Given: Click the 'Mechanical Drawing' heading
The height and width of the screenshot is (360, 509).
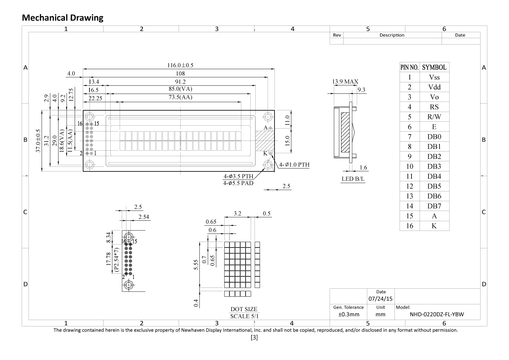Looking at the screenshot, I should pyautogui.click(x=62, y=17).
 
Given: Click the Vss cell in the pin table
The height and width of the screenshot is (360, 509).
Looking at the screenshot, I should pyautogui.click(x=434, y=77).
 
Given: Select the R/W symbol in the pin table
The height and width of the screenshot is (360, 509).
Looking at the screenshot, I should pyautogui.click(x=434, y=117).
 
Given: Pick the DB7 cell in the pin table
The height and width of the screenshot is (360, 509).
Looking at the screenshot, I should pyautogui.click(x=434, y=206).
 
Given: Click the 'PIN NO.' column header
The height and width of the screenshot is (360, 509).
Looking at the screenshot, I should pyautogui.click(x=410, y=67).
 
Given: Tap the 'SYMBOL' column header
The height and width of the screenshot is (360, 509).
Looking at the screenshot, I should pyautogui.click(x=434, y=67).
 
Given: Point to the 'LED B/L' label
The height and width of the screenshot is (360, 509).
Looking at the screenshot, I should pyautogui.click(x=353, y=179).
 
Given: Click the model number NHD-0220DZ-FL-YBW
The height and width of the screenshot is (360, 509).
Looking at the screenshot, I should pyautogui.click(x=436, y=315).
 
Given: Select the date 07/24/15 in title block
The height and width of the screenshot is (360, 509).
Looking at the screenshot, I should pyautogui.click(x=380, y=299).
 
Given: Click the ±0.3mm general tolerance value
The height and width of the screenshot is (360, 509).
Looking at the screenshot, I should pyautogui.click(x=348, y=315).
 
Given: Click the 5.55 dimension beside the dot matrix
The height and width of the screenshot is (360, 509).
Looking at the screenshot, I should pyautogui.click(x=196, y=270).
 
